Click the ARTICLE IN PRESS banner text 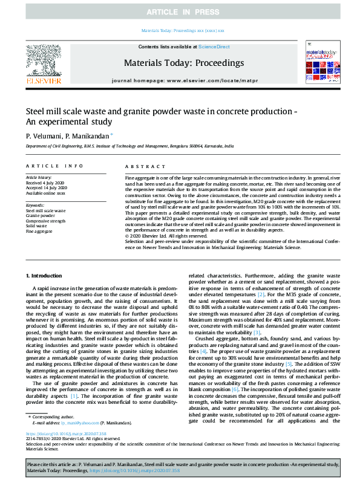[x=179, y=13]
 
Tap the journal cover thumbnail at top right [x=318, y=62]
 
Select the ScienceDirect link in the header [x=214, y=47]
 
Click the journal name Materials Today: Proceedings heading [x=184, y=63]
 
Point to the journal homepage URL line [x=184, y=80]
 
